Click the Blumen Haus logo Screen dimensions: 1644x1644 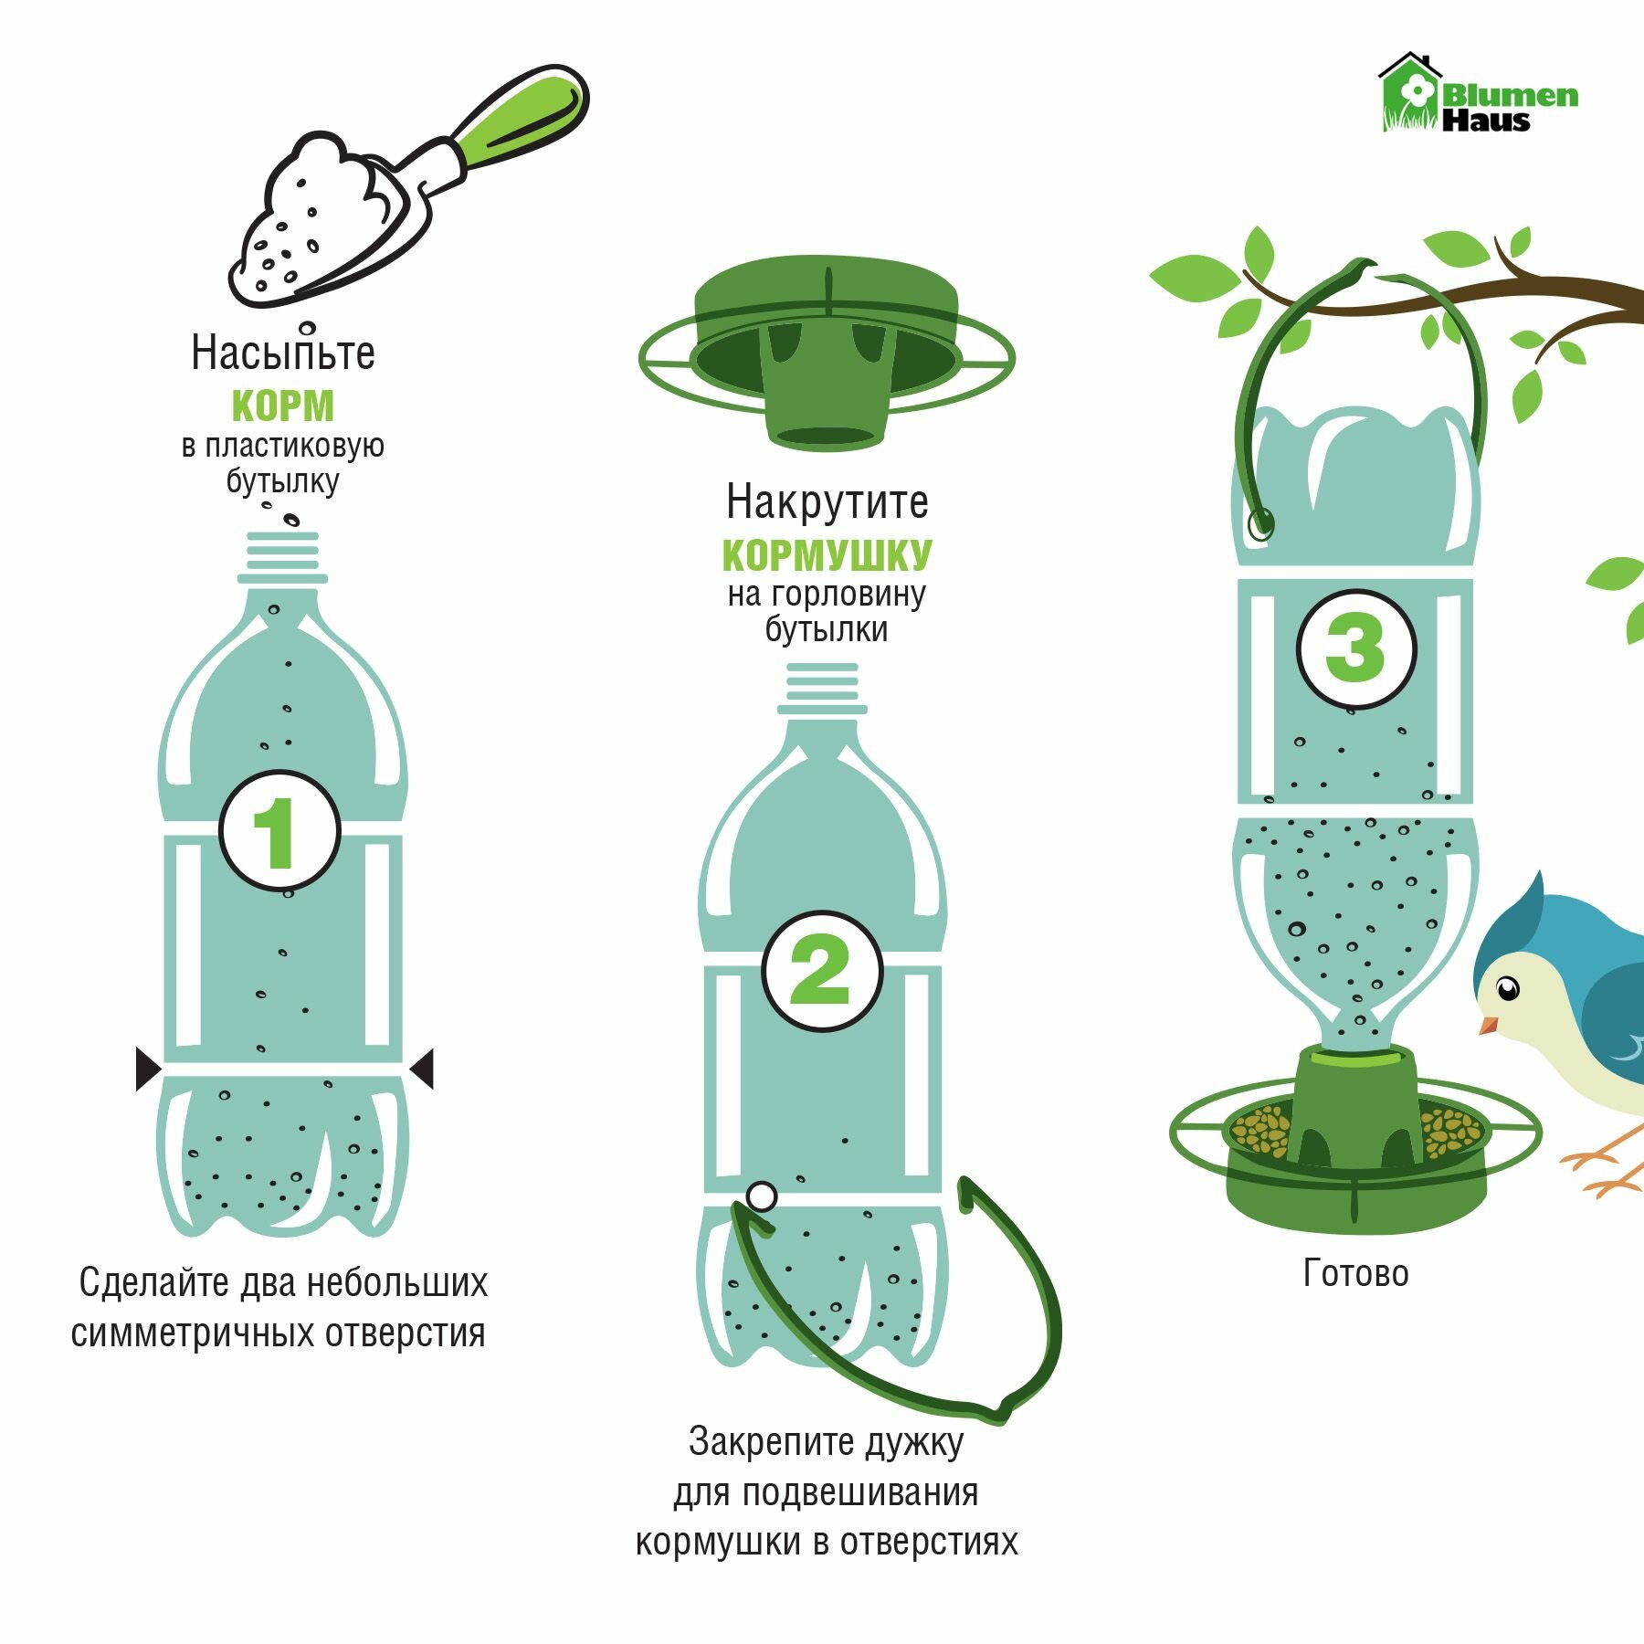tap(1478, 93)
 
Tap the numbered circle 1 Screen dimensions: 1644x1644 tap(279, 830)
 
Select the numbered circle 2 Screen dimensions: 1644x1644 tap(822, 970)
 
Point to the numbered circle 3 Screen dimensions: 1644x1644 tap(1356, 648)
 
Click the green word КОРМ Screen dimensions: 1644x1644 tap(283, 406)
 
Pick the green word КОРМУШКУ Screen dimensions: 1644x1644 tap(827, 554)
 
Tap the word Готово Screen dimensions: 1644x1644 tap(1355, 1273)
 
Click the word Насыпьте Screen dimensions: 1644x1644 tap(283, 353)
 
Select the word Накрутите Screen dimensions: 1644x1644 tap(827, 501)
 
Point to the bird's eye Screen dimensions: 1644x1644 tap(1507, 988)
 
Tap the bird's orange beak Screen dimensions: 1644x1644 tap(1490, 1024)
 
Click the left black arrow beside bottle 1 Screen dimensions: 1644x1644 tap(148, 1069)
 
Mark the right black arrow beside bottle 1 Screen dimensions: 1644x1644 tap(421, 1069)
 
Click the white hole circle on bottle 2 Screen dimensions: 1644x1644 tap(761, 1196)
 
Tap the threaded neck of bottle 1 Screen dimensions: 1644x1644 tap(283, 557)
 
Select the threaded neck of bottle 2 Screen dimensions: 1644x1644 tap(822, 688)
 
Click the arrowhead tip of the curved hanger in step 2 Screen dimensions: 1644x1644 tap(961, 1179)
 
